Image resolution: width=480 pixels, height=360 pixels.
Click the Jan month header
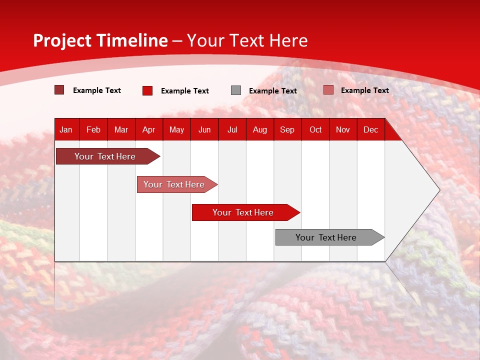click(x=66, y=129)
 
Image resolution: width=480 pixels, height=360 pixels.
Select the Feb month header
click(x=93, y=129)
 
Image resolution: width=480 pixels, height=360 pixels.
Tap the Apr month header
click(x=148, y=129)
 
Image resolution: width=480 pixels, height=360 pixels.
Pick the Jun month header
click(x=204, y=129)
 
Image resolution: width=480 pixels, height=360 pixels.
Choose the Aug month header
click(x=259, y=129)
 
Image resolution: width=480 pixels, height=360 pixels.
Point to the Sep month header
click(x=287, y=129)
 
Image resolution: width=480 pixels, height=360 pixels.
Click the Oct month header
click(x=315, y=129)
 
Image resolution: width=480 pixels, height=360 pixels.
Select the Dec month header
click(x=370, y=129)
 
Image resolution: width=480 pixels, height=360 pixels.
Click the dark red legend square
click(x=59, y=90)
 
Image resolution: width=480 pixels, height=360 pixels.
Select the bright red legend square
click(x=147, y=90)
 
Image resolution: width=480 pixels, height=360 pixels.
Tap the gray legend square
click(x=236, y=90)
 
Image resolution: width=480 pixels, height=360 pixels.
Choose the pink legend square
click(x=328, y=90)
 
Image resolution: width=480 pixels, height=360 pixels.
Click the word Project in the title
click(x=62, y=40)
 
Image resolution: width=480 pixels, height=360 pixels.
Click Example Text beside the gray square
click(x=272, y=91)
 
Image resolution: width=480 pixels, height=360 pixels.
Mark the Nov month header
click(x=343, y=129)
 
